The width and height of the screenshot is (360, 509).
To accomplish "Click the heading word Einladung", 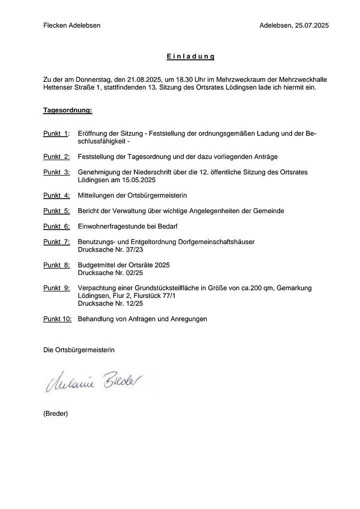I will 191,56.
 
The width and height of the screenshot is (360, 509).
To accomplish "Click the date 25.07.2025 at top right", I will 311,25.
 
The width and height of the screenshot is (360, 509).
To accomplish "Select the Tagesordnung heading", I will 67,110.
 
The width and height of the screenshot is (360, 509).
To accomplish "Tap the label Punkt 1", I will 56,134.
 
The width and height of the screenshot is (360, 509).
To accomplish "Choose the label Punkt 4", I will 56,195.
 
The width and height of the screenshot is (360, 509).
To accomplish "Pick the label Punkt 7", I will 56,242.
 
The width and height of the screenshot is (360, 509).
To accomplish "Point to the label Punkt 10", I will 57,318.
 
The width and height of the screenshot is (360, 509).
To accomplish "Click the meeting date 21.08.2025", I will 144,79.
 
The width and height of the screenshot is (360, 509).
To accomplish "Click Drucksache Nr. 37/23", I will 110,249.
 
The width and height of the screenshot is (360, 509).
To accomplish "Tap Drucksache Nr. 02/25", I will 110,272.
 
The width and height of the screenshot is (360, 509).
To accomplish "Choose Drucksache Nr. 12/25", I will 110,303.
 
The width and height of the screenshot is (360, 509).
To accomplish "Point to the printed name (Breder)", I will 55,413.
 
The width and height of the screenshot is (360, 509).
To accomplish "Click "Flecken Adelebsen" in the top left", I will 72,25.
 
